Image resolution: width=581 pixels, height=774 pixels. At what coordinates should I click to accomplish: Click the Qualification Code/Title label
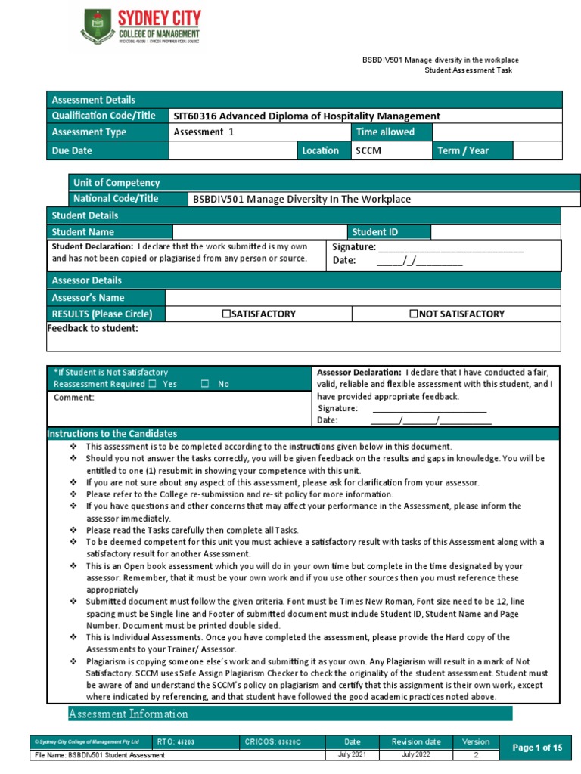coord(103,116)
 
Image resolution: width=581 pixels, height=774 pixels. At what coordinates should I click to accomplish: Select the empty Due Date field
coord(232,150)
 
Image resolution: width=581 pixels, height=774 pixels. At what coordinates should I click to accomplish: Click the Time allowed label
coord(385,132)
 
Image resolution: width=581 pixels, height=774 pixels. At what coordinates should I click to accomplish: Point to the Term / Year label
coord(463,150)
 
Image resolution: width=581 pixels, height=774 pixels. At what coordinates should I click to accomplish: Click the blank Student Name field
coord(259,232)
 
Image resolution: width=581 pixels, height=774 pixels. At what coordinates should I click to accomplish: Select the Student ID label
coord(374,232)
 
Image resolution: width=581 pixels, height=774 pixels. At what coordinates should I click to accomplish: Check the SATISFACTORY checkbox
coord(226,314)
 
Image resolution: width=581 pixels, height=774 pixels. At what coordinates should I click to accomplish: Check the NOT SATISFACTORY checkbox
coord(414,314)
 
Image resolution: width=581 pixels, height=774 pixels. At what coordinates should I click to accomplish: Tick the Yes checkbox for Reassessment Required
coord(152,384)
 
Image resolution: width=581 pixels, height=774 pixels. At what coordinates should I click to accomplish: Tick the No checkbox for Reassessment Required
coord(205,384)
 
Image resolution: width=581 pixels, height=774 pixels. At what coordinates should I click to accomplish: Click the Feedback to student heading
coord(93,328)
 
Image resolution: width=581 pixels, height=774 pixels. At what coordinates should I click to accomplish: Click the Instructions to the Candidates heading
coord(112,434)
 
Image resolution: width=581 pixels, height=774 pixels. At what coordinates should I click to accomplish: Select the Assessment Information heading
coord(129,714)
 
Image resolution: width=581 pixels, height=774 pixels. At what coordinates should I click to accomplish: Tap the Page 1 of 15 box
coord(537,748)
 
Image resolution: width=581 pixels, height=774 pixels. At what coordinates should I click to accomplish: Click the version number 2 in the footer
coord(476,755)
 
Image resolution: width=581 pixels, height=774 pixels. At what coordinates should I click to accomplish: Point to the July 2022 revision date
coord(417,755)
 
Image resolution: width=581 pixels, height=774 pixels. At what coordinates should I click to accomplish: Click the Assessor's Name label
coord(88,298)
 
